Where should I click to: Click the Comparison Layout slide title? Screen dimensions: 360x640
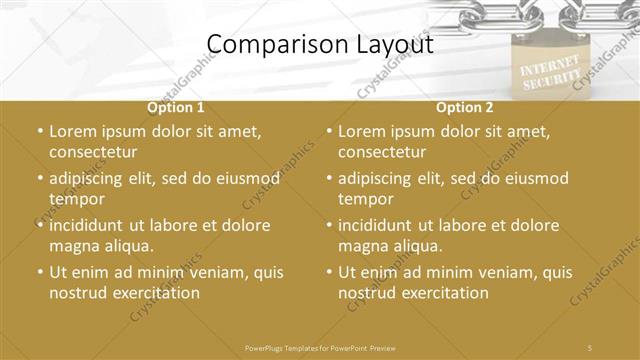tap(320, 44)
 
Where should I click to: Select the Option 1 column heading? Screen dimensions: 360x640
tap(176, 107)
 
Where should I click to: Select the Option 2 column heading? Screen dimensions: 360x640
tap(465, 107)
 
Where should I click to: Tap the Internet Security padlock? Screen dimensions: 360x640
tap(546, 70)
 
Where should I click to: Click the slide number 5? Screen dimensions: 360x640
tap(591, 346)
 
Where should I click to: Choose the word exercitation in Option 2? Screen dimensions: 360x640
tap(443, 293)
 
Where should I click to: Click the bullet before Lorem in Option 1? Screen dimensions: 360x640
tap(40, 131)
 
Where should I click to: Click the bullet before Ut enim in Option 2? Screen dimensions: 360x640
tap(330, 272)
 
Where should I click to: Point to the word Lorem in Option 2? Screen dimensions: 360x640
tap(362, 131)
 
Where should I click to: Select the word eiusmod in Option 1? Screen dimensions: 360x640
tap(247, 178)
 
